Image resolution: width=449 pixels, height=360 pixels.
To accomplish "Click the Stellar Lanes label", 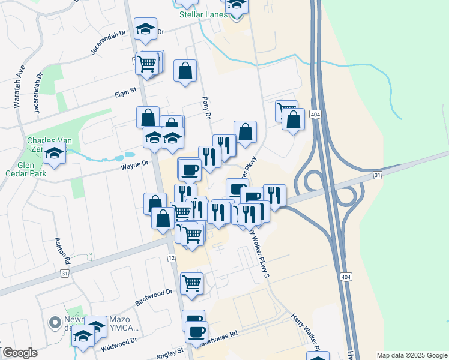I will point(204,14).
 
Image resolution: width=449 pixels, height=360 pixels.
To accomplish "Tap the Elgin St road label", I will point(127,92).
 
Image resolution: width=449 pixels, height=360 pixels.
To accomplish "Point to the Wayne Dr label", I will point(136,164).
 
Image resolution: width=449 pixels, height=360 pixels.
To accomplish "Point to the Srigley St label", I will point(170,352).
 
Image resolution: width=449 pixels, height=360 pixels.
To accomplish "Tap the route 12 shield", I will point(172,257).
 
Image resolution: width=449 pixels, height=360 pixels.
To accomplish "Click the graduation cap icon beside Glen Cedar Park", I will point(55,154).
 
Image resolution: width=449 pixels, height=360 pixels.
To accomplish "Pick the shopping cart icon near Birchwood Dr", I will point(191,283).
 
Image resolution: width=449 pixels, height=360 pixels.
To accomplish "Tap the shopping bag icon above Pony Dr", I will point(185,70).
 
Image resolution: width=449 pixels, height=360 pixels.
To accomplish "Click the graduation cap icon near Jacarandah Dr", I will point(145,29).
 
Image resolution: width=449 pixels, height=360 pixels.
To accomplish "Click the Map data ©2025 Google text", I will point(411,355).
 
